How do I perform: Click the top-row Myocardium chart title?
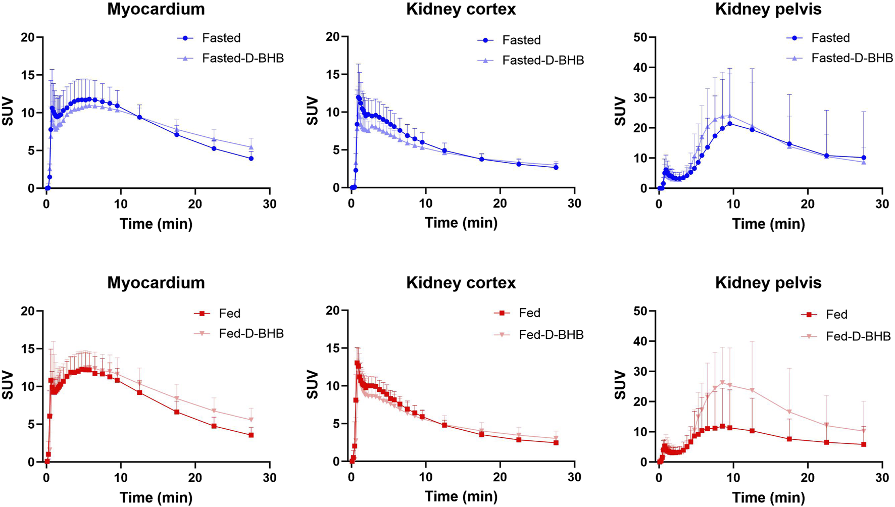(156, 9)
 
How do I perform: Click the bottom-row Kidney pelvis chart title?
(768, 283)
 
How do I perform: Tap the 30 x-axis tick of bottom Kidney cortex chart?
(574, 477)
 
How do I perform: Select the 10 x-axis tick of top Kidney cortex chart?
(426, 204)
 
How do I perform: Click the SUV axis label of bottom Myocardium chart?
(8, 386)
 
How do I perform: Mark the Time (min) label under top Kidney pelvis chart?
(768, 224)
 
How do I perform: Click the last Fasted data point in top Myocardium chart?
(251, 159)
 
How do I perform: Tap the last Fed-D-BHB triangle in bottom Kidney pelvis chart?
(864, 431)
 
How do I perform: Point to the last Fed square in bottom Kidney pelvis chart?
(864, 444)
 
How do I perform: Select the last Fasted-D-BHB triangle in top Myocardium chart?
(251, 147)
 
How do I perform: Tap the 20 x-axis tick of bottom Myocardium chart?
(195, 478)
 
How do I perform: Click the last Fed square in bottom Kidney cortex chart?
(556, 443)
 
